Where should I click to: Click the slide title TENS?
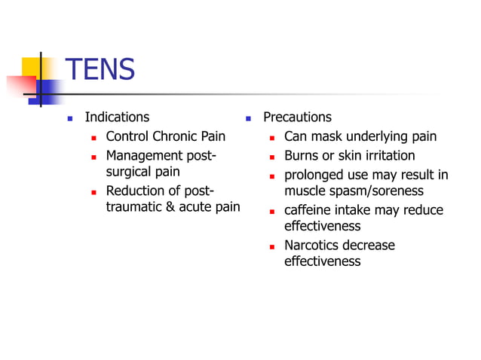pos(100,70)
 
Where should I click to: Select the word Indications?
pos(117,117)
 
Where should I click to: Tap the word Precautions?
pos(297,117)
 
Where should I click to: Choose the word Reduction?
pos(135,191)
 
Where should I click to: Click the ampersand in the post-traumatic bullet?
pos(167,207)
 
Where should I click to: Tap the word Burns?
pos(302,156)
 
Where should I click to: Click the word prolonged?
pos(314,175)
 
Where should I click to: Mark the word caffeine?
pos(311,210)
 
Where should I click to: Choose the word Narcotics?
pos(311,246)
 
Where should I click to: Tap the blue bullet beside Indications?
pos(70,118)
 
